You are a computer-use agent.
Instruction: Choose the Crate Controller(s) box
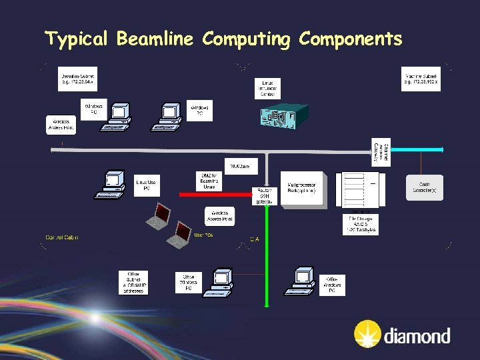pyautogui.click(x=425, y=187)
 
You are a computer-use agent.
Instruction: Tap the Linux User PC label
pyautogui.click(x=147, y=184)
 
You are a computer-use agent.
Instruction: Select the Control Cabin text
pyautogui.click(x=62, y=237)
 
